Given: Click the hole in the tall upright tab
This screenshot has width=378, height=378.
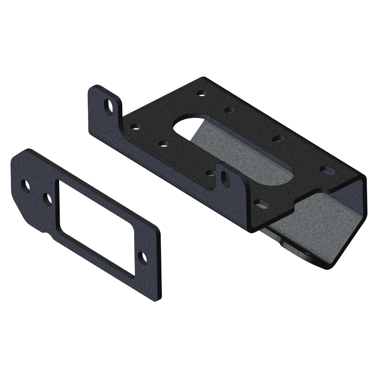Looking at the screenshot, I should point(109,106).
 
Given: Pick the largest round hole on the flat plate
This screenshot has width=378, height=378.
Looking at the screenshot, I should point(26,186).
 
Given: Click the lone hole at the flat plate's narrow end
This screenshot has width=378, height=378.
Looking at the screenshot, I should point(142,257).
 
